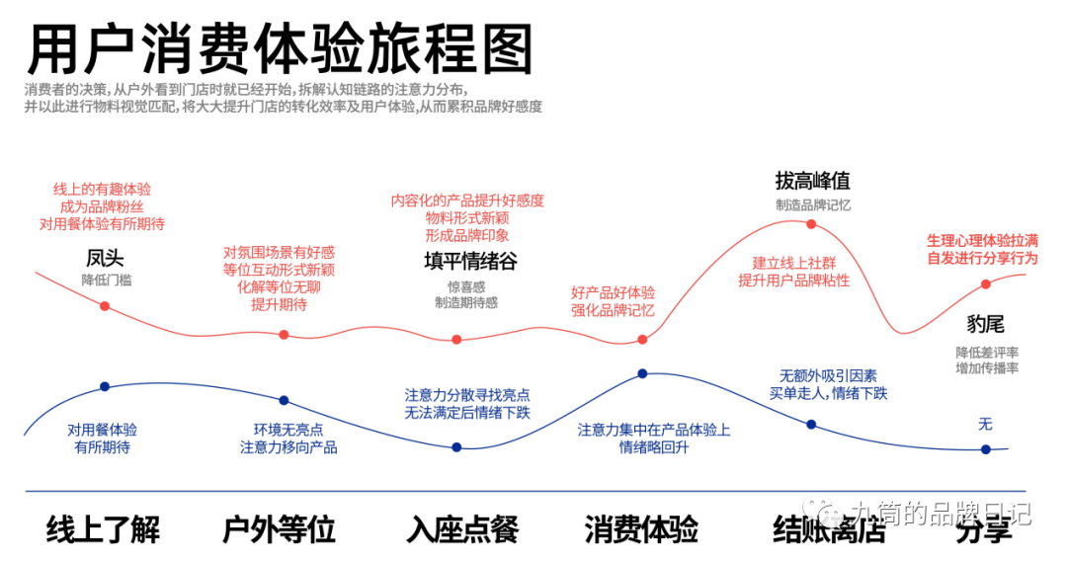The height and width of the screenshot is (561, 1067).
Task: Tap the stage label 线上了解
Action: click(x=103, y=529)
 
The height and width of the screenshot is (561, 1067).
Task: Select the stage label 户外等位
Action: click(x=280, y=529)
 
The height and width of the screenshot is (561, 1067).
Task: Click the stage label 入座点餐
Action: click(x=461, y=529)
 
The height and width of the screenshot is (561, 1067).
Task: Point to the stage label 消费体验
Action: click(x=641, y=529)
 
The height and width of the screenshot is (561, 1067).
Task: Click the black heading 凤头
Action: click(x=105, y=259)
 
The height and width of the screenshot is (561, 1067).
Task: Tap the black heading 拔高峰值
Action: click(x=812, y=182)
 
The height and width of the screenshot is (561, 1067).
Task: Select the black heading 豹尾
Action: click(x=985, y=325)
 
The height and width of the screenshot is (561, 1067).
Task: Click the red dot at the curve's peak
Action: click(x=811, y=224)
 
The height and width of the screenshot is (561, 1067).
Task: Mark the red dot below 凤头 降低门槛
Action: click(x=105, y=306)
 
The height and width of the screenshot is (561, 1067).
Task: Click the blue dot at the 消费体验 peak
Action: click(x=642, y=373)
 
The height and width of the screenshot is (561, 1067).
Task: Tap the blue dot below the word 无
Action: click(x=985, y=449)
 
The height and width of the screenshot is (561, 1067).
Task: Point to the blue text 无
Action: click(x=985, y=425)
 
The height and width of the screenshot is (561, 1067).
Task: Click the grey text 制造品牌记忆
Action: click(x=812, y=205)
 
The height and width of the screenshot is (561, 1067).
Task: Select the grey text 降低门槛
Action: click(x=106, y=280)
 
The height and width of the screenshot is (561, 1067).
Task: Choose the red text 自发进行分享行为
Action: click(x=982, y=258)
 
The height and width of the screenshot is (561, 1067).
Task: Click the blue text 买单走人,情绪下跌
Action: click(x=828, y=393)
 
